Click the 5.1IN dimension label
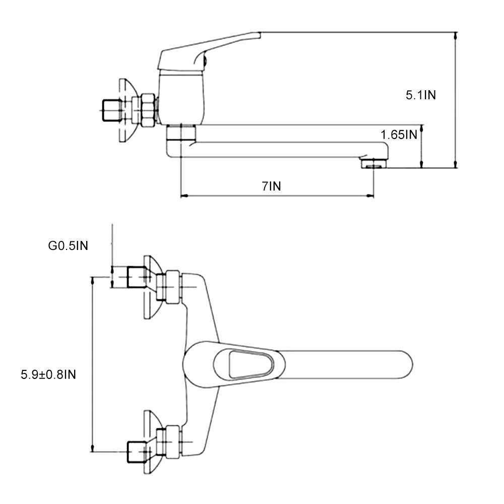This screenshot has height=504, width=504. [421, 95]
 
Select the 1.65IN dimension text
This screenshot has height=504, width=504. [399, 135]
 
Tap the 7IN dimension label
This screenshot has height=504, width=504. [271, 186]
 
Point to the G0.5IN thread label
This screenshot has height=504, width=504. [68, 246]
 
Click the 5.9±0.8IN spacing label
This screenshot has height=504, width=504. [48, 374]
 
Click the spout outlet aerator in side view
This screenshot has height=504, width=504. [372, 162]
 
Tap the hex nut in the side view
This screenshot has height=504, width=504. [148, 110]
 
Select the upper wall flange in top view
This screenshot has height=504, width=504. [150, 287]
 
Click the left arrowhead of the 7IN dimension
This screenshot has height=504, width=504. [183, 196]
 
